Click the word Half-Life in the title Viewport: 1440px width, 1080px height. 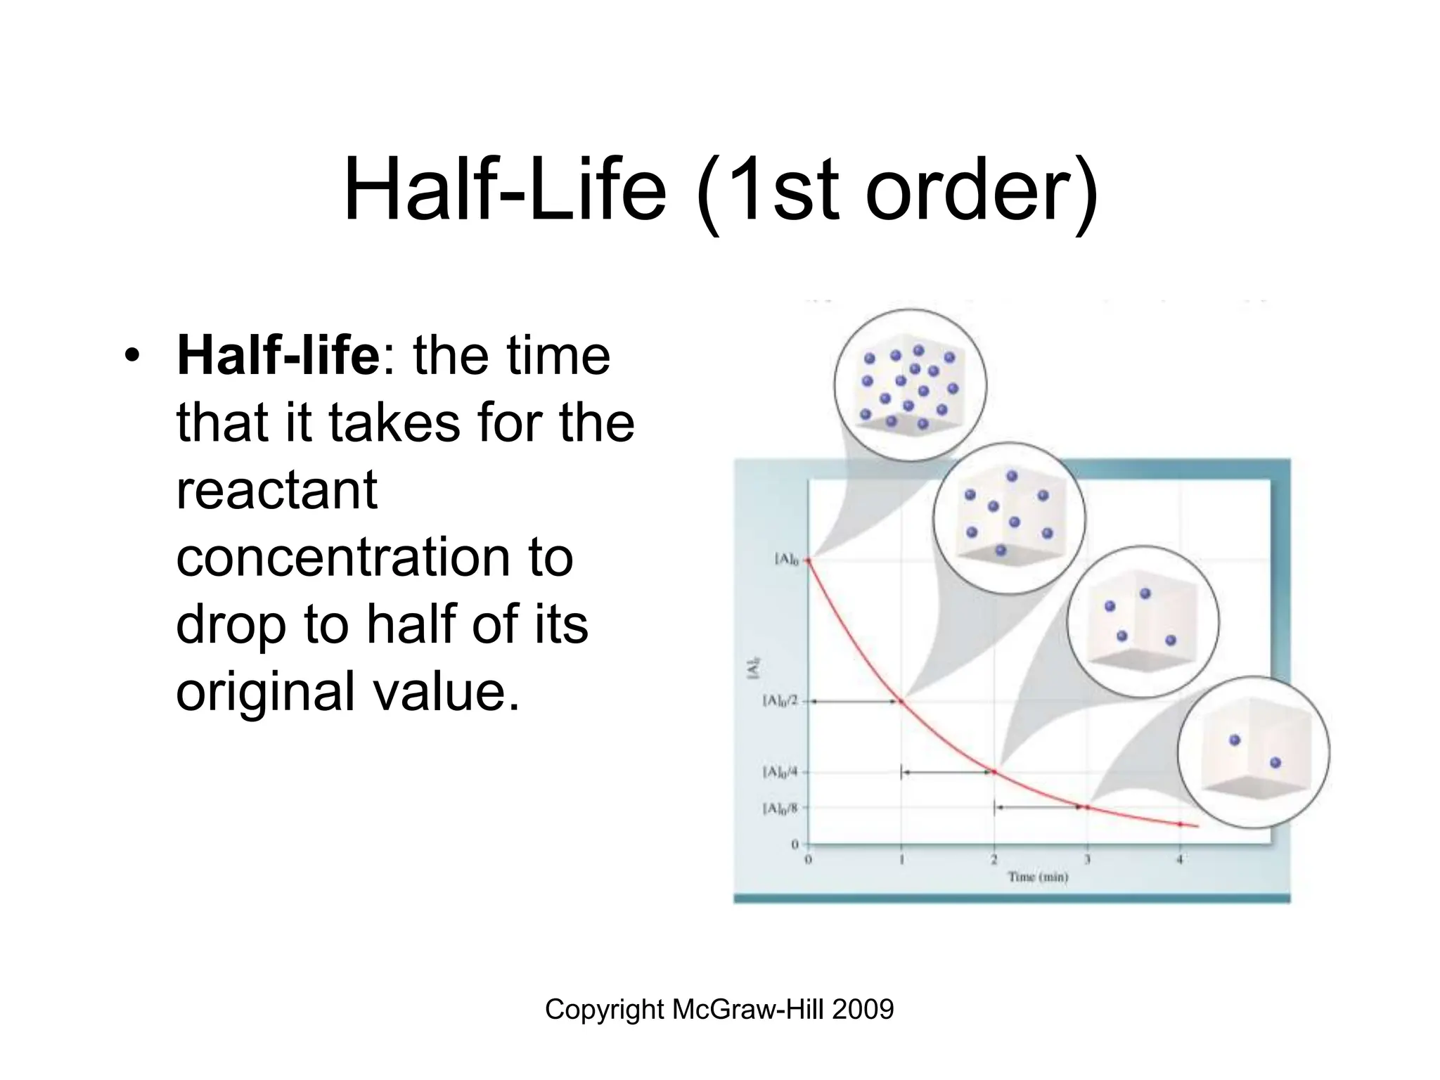click(504, 190)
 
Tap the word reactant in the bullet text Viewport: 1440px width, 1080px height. click(277, 490)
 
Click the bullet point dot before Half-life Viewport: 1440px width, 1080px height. click(130, 356)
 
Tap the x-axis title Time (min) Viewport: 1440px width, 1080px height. click(1038, 877)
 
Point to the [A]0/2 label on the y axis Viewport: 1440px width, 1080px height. click(780, 701)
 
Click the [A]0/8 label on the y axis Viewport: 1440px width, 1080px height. click(780, 809)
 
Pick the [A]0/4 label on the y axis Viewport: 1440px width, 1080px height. click(780, 772)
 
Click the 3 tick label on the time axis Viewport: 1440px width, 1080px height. click(1087, 859)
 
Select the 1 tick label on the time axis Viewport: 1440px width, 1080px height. click(901, 859)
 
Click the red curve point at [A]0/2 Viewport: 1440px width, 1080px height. click(901, 702)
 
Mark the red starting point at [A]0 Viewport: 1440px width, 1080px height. click(809, 560)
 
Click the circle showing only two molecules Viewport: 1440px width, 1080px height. click(1254, 752)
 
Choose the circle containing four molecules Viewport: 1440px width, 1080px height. click(1143, 622)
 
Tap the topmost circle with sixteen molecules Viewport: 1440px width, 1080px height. click(910, 385)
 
